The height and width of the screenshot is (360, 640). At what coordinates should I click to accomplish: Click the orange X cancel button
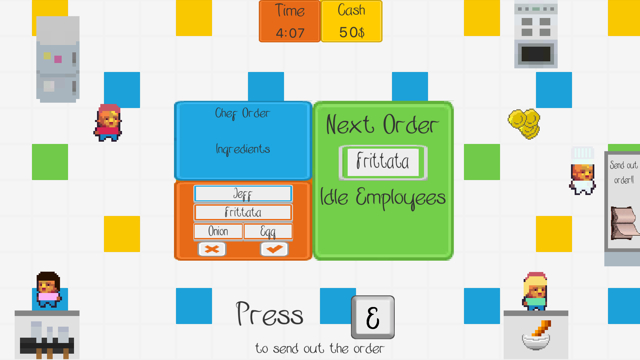[212, 249]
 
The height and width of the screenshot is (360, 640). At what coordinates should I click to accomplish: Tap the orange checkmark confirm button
[274, 249]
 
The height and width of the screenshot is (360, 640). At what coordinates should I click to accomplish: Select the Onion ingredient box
[218, 231]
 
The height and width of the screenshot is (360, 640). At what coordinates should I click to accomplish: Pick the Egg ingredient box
[268, 231]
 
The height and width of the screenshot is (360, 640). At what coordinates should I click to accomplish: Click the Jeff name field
[243, 194]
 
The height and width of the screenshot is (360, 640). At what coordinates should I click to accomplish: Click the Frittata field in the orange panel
[243, 212]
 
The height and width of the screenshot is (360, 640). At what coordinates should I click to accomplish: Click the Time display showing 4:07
[289, 21]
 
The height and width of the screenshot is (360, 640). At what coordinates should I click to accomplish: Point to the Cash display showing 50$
[351, 21]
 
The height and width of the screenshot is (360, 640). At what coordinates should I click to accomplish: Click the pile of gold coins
[524, 123]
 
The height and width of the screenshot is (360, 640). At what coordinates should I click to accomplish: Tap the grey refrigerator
[58, 59]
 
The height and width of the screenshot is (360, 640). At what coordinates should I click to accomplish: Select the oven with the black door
[536, 34]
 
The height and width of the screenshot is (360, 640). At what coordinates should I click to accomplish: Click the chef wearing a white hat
[582, 170]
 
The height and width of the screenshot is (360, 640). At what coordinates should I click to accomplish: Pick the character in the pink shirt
[49, 289]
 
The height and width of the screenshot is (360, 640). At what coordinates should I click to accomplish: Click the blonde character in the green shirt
[535, 291]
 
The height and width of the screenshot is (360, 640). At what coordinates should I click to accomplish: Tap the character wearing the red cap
[108, 123]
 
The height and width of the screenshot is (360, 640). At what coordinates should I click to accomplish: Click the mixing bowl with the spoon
[537, 336]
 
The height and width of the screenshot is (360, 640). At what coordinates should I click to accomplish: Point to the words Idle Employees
[383, 198]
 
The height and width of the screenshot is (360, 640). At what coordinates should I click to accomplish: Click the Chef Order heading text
[242, 113]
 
